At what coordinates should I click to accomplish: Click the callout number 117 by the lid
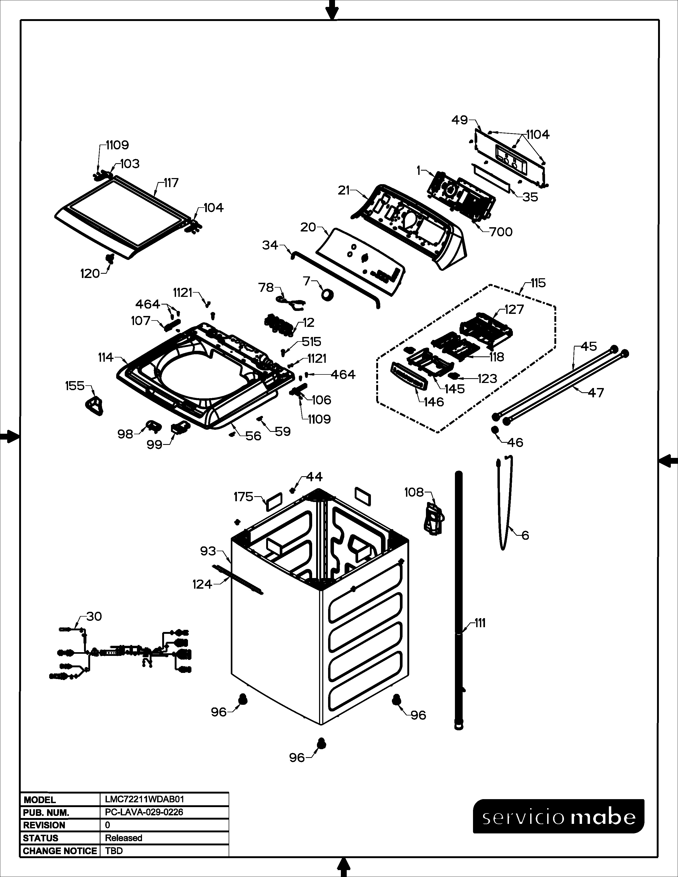pos(171,183)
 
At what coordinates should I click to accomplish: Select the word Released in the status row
pos(123,838)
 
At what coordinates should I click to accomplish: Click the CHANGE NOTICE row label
pos(60,851)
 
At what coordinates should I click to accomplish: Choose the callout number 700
pos(501,232)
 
